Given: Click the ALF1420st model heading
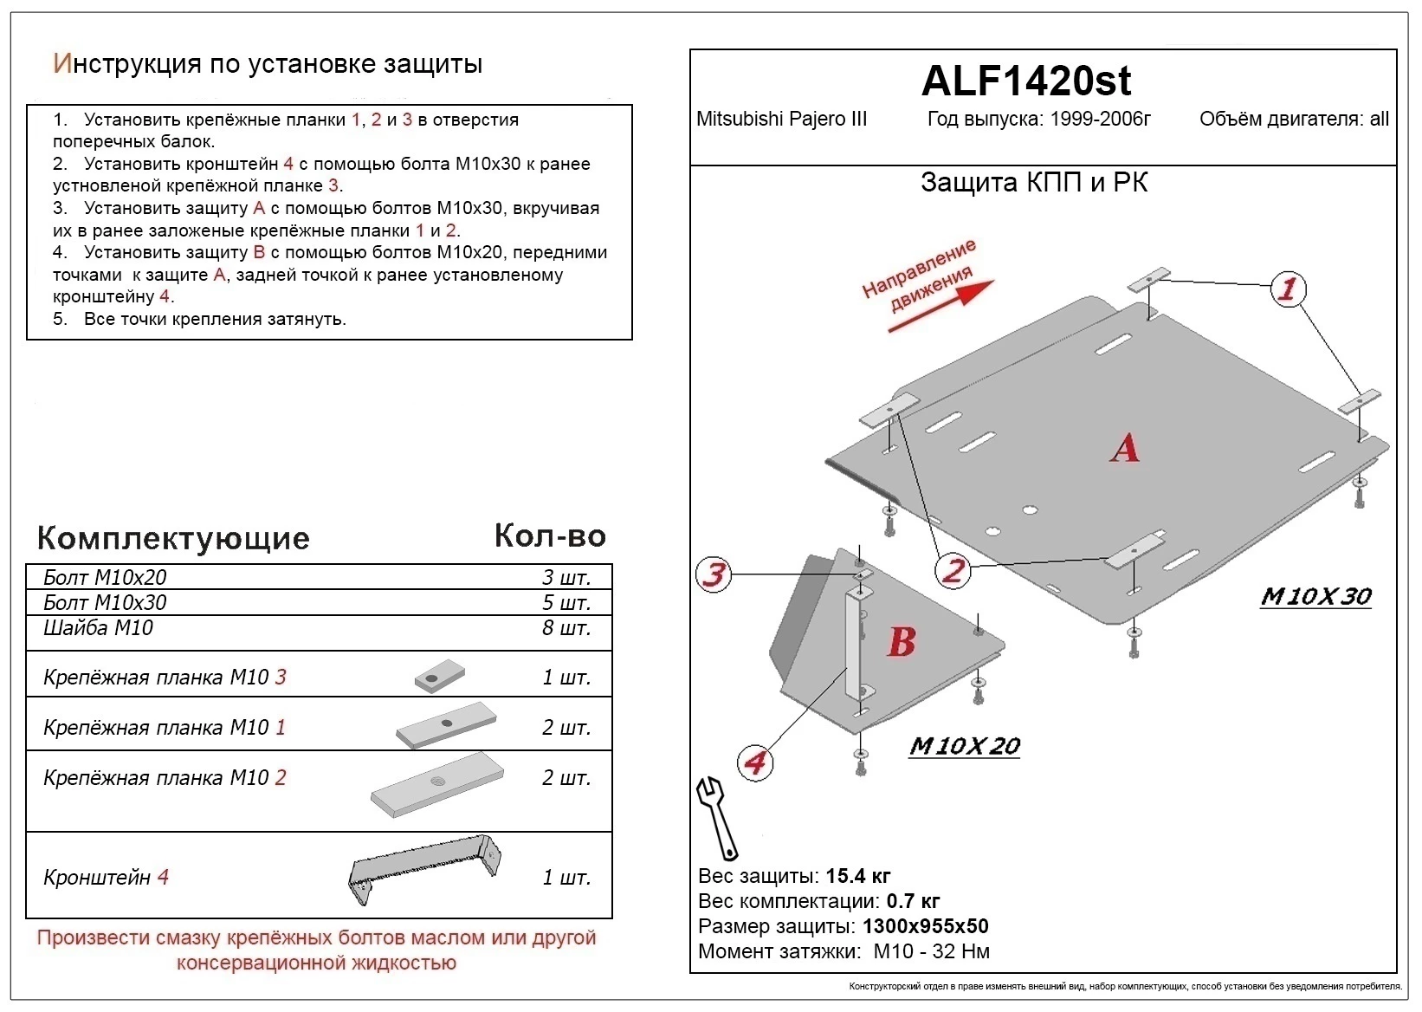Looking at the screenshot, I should click(1025, 81).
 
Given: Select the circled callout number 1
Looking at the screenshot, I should click(1288, 289).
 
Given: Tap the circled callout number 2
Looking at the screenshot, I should click(953, 570).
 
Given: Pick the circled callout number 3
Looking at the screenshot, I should click(714, 574).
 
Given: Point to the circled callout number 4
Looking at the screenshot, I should click(755, 762).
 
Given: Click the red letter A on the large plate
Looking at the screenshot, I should click(1124, 448).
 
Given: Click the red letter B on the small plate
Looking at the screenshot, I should click(901, 642).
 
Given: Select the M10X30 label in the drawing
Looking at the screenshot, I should click(1315, 596).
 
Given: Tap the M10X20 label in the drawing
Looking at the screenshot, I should click(964, 746).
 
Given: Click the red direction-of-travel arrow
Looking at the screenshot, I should click(940, 308).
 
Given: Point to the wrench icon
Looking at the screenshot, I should click(717, 816).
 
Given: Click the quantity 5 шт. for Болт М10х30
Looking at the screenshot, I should click(566, 602).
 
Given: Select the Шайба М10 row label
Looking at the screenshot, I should click(98, 628).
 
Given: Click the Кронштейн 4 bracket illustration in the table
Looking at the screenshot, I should click(424, 869).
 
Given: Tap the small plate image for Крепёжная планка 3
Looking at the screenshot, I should click(439, 677).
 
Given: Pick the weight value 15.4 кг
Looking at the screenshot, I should click(857, 876).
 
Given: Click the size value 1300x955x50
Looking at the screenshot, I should click(925, 926).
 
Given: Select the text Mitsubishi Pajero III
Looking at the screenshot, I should click(781, 120).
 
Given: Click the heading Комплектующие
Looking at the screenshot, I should click(173, 538).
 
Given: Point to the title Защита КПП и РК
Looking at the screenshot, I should click(1034, 183).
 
